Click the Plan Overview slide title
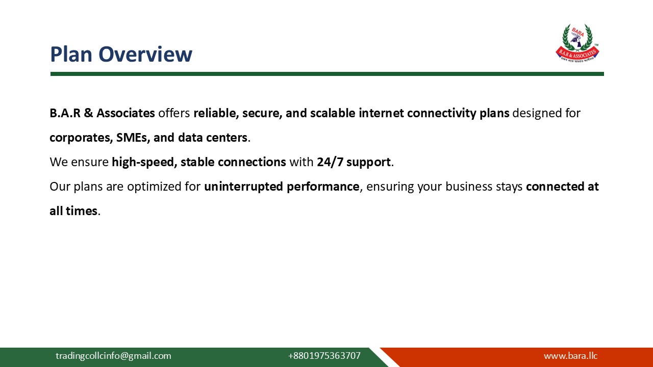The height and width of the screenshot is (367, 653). point(121,54)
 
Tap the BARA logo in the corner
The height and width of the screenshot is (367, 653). point(577,43)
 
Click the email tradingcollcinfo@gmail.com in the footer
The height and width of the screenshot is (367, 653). point(113,356)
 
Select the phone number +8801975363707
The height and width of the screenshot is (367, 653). point(324,356)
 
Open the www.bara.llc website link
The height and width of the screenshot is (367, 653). point(570,356)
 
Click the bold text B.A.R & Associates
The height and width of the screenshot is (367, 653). point(102,113)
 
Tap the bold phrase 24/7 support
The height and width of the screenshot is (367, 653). point(354,162)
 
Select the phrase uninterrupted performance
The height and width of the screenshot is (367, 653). point(282,187)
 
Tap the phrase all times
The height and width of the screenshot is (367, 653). point(73,211)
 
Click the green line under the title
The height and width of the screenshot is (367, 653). point(326,74)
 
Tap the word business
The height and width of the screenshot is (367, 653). point(469,187)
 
